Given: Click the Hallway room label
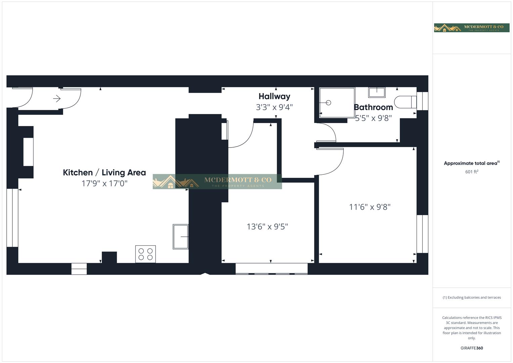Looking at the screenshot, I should (274, 96).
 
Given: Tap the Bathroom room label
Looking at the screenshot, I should (373, 107).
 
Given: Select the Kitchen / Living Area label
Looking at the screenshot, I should (104, 172).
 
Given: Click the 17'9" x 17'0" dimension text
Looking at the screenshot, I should (104, 184).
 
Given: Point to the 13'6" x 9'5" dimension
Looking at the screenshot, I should (267, 227).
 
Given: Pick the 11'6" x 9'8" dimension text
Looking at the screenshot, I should (370, 207).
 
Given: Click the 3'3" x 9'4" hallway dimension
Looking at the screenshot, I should (274, 107).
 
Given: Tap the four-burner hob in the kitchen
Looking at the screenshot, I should (145, 254).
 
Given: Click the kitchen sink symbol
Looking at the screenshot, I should (181, 237).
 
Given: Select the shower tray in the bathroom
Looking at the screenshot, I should (337, 103).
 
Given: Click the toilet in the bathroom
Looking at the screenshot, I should (405, 102).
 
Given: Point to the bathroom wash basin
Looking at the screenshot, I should (377, 92).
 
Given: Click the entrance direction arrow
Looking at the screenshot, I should (57, 98).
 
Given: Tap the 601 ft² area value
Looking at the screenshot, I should (472, 172).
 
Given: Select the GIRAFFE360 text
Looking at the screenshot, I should (472, 348).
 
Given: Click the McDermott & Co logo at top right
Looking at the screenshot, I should (471, 28).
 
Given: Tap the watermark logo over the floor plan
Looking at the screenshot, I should (217, 182).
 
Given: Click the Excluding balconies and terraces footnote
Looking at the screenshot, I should (472, 297).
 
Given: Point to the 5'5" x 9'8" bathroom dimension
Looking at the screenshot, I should (373, 118).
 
